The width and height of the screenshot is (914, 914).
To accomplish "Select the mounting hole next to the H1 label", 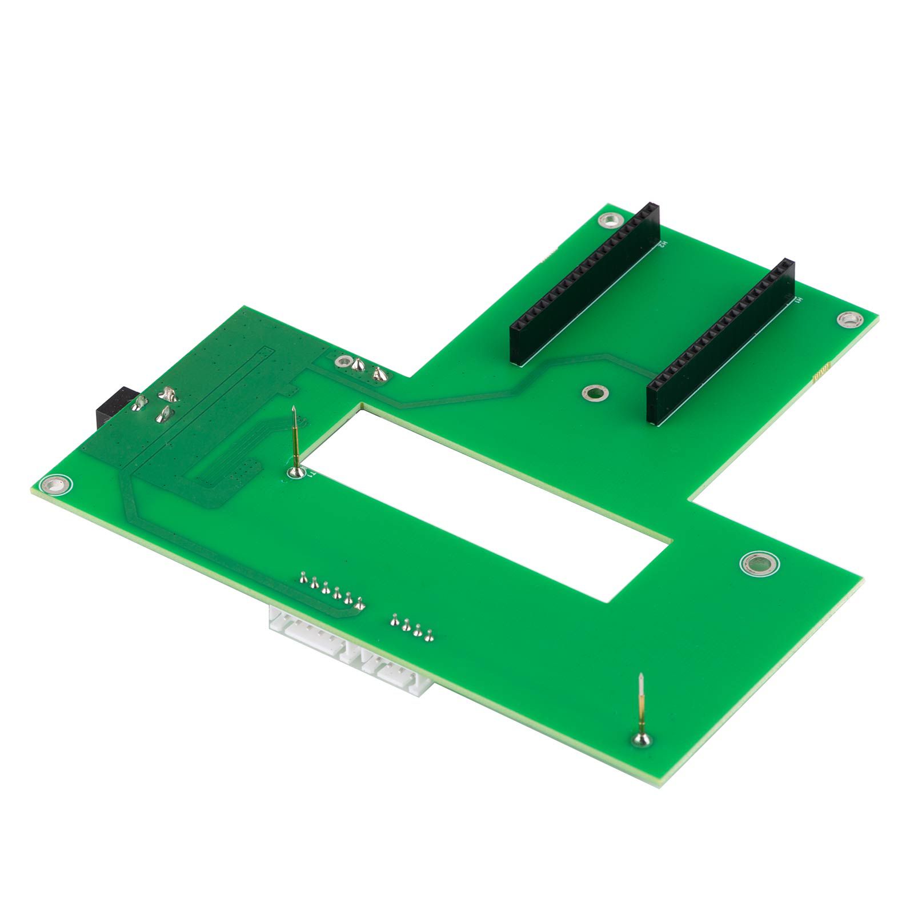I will [x=848, y=319].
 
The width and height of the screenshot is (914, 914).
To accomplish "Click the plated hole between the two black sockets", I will [x=594, y=392].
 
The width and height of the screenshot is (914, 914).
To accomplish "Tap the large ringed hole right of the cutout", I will [x=759, y=565].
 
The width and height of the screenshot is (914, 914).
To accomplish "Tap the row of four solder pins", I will [x=411, y=626].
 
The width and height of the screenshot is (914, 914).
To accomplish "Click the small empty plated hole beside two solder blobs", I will [x=343, y=361].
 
